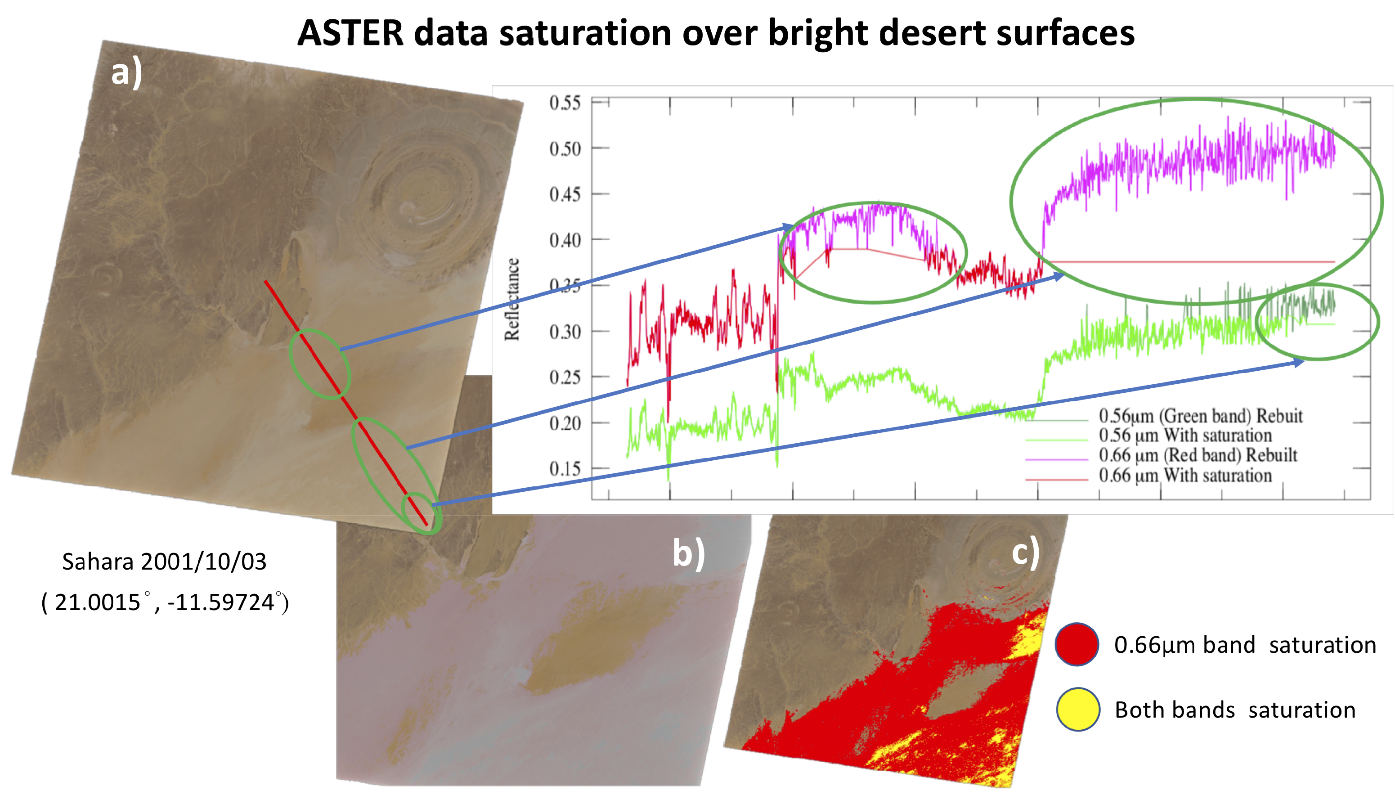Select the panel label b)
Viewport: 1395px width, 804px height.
(688, 553)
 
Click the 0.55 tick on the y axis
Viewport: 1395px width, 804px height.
(564, 103)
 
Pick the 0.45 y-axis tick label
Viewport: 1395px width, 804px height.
(564, 194)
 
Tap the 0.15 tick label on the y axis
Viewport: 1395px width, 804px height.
(564, 469)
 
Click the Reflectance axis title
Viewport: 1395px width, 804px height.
(512, 299)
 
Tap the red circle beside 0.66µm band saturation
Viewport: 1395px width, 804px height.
(1076, 644)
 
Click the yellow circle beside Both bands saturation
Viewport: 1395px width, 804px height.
(1077, 710)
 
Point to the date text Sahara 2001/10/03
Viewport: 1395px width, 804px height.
(164, 561)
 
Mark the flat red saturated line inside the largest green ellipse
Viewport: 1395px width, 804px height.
(1187, 262)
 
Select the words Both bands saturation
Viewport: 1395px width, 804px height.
(1234, 710)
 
